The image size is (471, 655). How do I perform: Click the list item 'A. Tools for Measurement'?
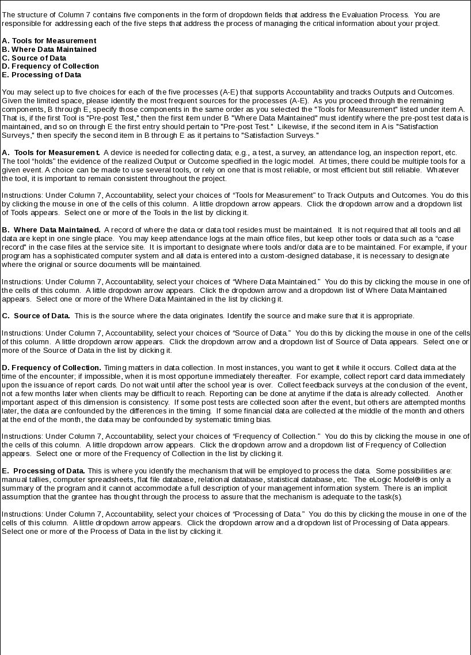click(x=49, y=41)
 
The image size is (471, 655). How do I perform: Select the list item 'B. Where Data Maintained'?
click(x=49, y=50)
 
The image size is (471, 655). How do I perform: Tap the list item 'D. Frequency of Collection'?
click(x=50, y=66)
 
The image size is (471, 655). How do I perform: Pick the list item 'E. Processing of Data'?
click(x=41, y=75)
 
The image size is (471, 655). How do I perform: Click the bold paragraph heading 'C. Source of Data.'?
click(x=36, y=316)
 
